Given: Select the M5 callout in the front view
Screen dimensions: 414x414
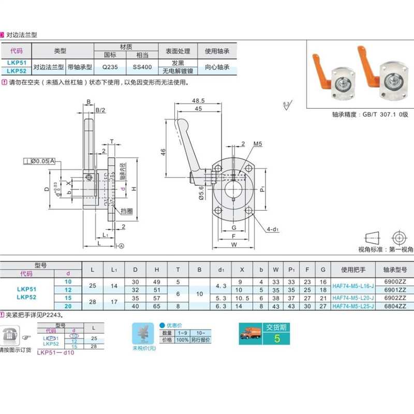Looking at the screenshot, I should coord(257,144).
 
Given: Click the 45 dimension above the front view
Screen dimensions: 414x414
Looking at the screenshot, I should coord(198,109).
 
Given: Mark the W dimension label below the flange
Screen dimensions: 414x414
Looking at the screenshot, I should coord(234,245).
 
